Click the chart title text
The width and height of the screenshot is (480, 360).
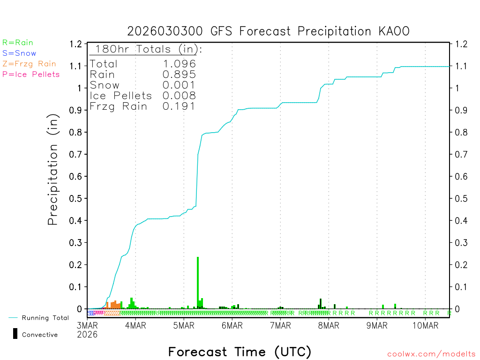(269, 31)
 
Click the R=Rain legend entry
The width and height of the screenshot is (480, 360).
(18, 43)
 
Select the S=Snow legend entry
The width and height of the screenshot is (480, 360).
(19, 53)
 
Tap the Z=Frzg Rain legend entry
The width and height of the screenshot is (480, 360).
(29, 64)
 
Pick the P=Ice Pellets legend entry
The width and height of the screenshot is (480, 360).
(31, 74)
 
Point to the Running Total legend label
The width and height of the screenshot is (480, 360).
(45, 318)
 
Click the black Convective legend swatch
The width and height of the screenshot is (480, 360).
(15, 333)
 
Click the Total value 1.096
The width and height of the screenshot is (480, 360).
(179, 64)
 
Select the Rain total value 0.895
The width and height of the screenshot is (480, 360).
(179, 75)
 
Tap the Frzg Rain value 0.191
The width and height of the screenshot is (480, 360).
(179, 106)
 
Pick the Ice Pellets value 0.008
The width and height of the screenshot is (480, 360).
(179, 96)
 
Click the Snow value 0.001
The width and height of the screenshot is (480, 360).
(179, 85)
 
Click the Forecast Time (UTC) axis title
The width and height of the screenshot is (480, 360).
(240, 352)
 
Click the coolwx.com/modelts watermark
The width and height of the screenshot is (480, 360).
(431, 354)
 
